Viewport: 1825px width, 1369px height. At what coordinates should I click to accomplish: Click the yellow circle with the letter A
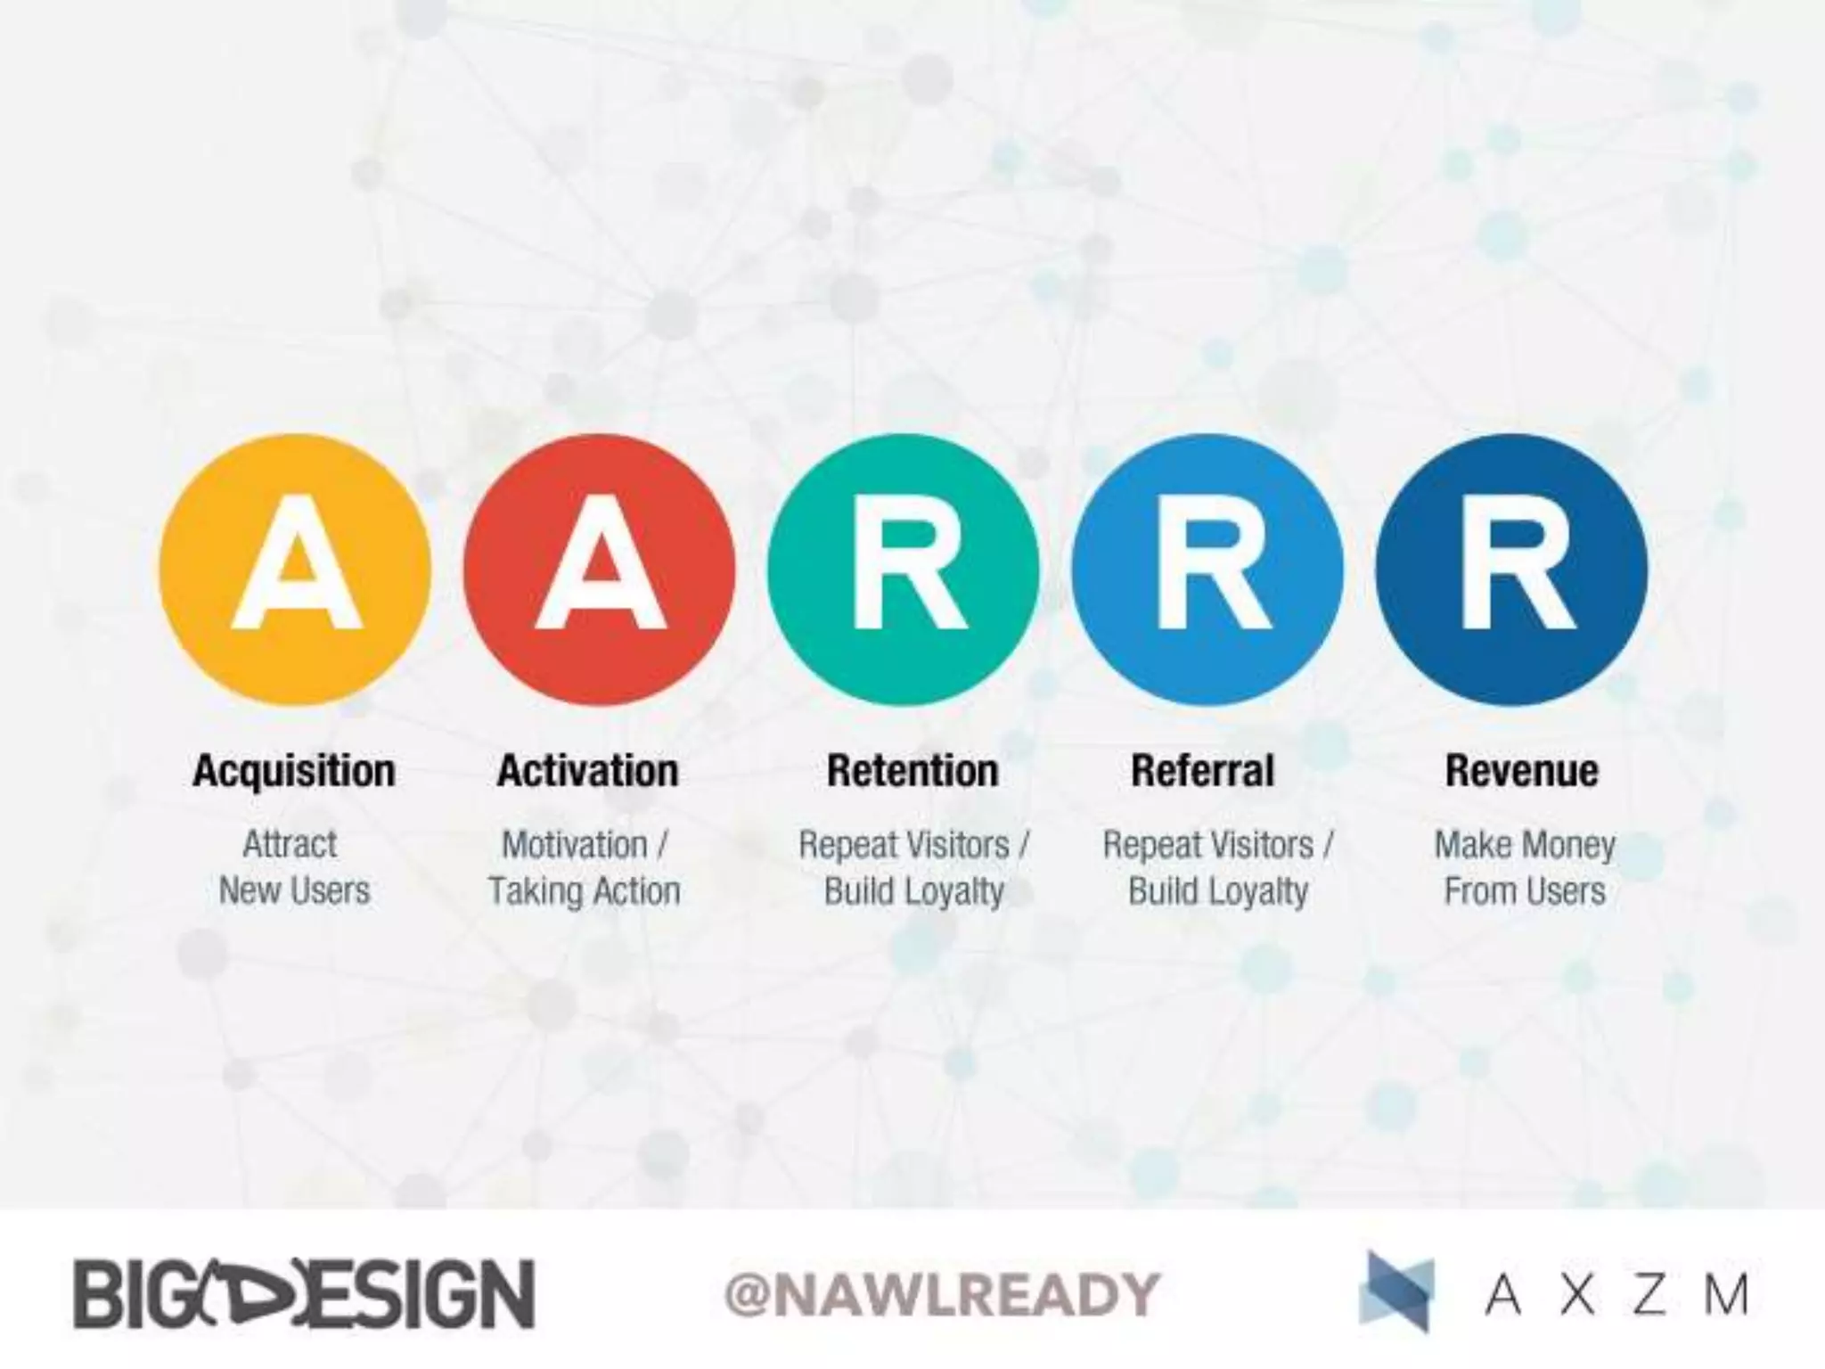pyautogui.click(x=295, y=570)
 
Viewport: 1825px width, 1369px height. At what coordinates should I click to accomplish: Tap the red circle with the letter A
pyautogui.click(x=600, y=570)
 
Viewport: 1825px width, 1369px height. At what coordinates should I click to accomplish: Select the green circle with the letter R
pyautogui.click(x=904, y=570)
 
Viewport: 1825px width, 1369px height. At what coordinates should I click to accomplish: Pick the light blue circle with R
pyautogui.click(x=1207, y=570)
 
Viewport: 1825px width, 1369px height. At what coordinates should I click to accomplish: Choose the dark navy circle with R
pyautogui.click(x=1511, y=570)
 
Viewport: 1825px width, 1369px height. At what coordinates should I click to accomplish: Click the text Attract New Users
pyautogui.click(x=293, y=867)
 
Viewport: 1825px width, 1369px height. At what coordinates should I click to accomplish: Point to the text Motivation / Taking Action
pyautogui.click(x=585, y=867)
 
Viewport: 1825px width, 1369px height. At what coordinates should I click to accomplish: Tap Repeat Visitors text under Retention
pyautogui.click(x=913, y=845)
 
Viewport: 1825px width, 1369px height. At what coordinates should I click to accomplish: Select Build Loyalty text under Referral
pyautogui.click(x=1217, y=891)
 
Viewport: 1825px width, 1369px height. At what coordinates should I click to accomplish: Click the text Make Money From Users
pyautogui.click(x=1524, y=867)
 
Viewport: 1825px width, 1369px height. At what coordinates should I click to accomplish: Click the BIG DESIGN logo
pyautogui.click(x=304, y=1294)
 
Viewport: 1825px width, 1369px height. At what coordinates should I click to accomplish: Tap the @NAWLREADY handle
pyautogui.click(x=942, y=1294)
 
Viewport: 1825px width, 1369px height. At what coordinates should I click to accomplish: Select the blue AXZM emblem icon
pyautogui.click(x=1397, y=1292)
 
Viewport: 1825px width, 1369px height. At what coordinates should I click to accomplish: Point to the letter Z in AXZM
pyautogui.click(x=1649, y=1294)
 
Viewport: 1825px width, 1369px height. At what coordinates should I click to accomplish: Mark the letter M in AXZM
pyautogui.click(x=1726, y=1294)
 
